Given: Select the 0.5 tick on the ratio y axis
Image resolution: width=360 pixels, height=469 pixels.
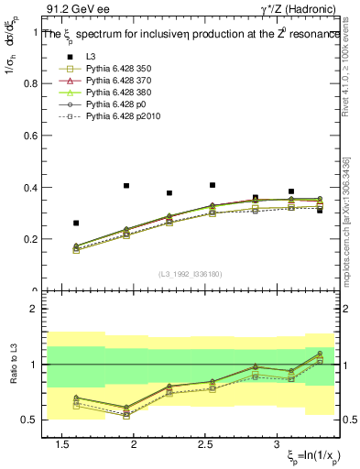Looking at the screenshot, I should (x=30, y=420).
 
